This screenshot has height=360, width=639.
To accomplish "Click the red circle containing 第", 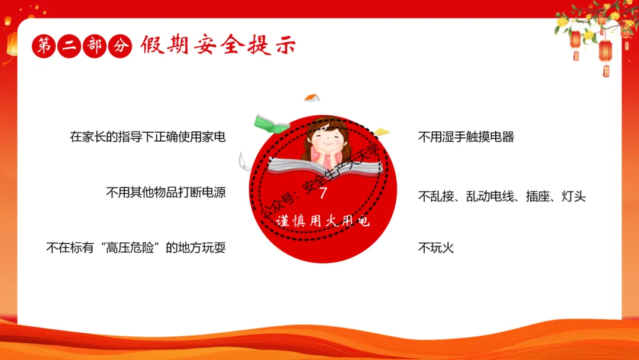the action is pos(44,46).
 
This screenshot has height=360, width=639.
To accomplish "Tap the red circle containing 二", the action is pos(69,46).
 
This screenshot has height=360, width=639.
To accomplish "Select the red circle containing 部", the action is pos(95,46).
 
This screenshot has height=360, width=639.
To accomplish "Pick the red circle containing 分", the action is pos(120,46).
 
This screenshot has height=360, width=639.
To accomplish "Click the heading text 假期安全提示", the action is pos(218,45).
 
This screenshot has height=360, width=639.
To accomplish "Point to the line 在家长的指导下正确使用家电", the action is pos(147,137).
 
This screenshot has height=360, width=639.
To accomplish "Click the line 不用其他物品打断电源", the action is pos(166,192).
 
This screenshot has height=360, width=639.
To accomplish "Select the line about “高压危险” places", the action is pos(135,247).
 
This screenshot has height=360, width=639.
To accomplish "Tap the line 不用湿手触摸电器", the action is pos(466,137).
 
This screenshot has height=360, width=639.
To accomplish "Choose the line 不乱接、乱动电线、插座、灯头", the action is pos(502,196).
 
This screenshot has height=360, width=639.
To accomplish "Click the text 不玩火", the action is pos(435,247).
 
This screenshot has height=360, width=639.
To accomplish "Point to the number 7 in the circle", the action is pos(323,193).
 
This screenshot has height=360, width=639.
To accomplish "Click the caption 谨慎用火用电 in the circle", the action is pos(322,221).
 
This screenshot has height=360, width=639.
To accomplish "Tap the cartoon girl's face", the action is pos(327,139).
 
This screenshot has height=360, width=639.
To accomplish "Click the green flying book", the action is pos(271,124).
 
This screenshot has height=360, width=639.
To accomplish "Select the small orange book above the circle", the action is pos(312,98).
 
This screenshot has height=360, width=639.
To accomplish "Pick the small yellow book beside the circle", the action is pos(382,131).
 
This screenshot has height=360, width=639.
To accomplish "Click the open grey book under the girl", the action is pos(325,167).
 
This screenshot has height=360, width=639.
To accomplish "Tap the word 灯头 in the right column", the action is pos(574,196).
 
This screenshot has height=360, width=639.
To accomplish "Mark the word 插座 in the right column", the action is pos(537,196).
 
